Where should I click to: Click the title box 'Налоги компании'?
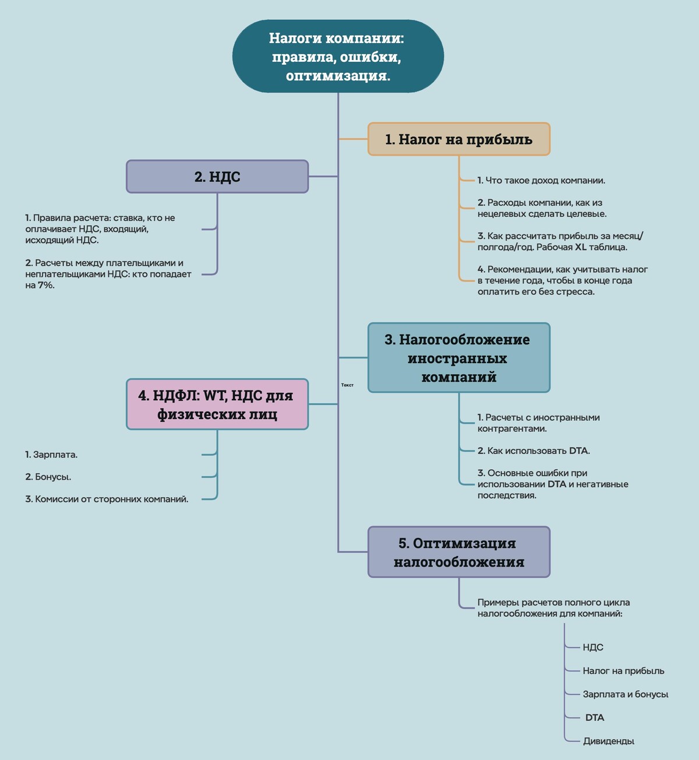click(x=338, y=57)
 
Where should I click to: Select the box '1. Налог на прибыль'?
click(x=458, y=139)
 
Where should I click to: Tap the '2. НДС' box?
click(x=217, y=177)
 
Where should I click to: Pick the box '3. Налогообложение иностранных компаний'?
click(x=458, y=358)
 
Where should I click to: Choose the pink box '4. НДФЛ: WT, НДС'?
click(x=217, y=404)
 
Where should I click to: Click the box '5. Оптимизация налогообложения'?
click(x=458, y=553)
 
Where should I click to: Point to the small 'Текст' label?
click(x=347, y=385)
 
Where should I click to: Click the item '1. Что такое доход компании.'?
click(x=541, y=181)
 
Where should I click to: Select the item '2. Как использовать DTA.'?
click(x=534, y=451)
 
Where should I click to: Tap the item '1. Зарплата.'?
click(x=51, y=455)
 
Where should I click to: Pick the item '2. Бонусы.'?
click(x=48, y=477)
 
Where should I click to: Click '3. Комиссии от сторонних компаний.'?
click(x=107, y=499)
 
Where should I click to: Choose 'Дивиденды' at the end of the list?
click(x=608, y=741)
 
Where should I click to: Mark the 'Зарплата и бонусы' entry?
click(x=625, y=694)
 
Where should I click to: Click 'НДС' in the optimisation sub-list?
click(x=593, y=648)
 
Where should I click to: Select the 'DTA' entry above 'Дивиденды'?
click(x=595, y=717)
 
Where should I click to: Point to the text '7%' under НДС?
click(x=46, y=286)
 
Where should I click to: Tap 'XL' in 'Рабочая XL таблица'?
click(x=581, y=247)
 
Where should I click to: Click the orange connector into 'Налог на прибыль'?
click(x=353, y=139)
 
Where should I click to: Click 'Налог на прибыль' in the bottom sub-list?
click(x=623, y=671)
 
